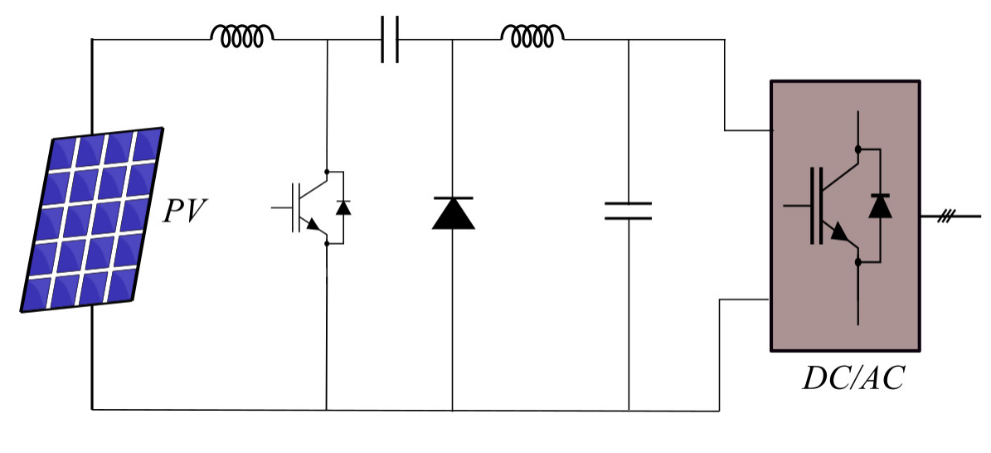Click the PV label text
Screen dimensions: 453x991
point(184,212)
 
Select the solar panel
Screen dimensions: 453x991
point(94,220)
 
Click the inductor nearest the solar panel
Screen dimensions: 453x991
point(242,35)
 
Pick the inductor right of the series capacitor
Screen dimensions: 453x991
point(532,34)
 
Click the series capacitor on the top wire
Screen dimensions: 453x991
point(390,39)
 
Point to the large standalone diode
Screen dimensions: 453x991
point(453,213)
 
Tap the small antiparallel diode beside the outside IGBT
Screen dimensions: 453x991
point(342,207)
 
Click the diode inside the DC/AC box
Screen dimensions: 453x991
point(880,205)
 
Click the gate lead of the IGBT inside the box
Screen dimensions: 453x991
point(795,204)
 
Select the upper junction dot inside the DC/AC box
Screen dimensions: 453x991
point(857,149)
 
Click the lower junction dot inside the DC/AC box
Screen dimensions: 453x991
point(857,262)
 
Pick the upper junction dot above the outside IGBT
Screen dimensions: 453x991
point(328,172)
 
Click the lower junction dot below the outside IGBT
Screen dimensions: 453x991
point(328,243)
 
